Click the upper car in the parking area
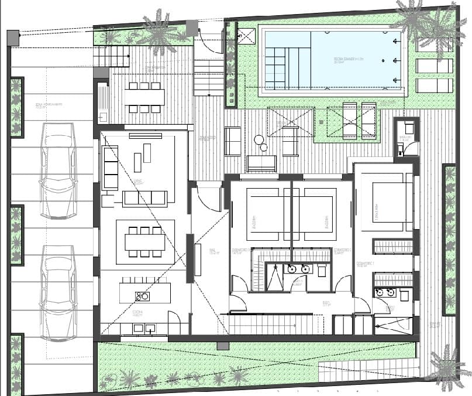(x=58, y=170)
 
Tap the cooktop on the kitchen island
(x=142, y=296)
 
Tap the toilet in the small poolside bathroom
(x=409, y=128)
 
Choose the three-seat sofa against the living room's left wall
(x=110, y=168)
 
